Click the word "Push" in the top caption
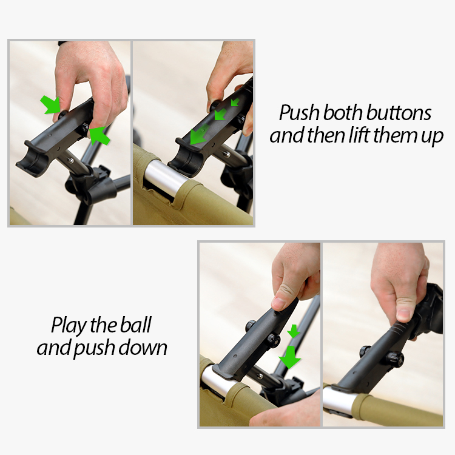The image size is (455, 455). pos(299,113)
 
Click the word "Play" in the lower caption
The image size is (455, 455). pos(69,326)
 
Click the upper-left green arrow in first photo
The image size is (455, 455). pos(50,105)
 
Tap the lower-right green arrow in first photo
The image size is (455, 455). pos(99,135)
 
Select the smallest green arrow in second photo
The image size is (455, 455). pos(235,102)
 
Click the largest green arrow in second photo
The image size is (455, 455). pos(199,134)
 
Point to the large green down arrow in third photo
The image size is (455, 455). pos(290,357)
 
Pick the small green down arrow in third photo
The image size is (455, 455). pos(294,331)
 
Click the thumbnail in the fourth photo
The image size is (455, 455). pos(405,314)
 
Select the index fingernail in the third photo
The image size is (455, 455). pos(278,303)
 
